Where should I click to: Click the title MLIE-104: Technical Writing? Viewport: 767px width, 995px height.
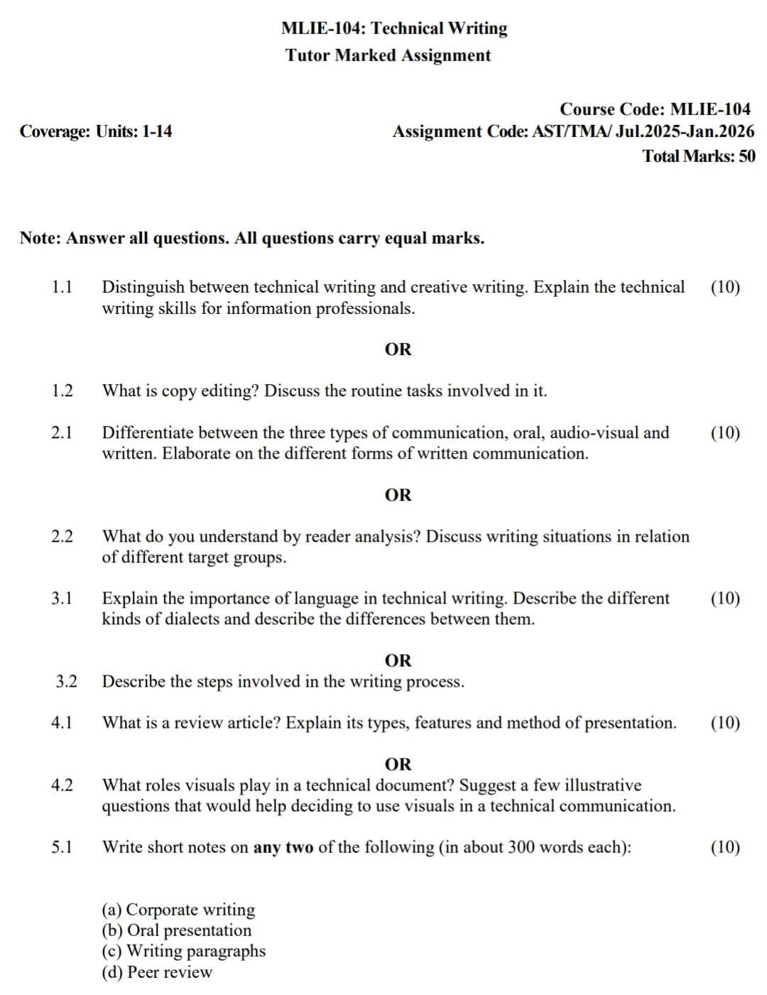tap(394, 28)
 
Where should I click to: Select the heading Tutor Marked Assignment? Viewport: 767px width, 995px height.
tap(388, 55)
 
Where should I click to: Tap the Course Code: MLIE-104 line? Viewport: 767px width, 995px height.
tap(655, 109)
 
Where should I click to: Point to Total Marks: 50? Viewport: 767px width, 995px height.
tap(699, 156)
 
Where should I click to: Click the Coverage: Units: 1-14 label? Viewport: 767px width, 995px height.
tap(96, 131)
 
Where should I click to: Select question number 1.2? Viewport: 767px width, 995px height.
tap(62, 391)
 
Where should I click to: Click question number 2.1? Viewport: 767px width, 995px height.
tap(62, 433)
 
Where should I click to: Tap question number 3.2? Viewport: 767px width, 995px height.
tap(66, 682)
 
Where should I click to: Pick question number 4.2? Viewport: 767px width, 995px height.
tap(62, 785)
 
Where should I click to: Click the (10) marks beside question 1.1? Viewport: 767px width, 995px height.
tap(725, 288)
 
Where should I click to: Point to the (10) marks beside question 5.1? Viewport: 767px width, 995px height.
tap(725, 847)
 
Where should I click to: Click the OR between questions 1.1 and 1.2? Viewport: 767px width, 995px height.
tap(398, 349)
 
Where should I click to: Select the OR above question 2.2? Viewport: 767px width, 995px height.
tap(398, 495)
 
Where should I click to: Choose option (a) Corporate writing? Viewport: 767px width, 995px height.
tap(178, 910)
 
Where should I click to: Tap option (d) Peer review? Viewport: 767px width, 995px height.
tap(157, 972)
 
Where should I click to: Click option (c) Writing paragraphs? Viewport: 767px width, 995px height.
tap(184, 951)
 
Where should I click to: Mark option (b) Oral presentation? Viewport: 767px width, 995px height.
tap(177, 930)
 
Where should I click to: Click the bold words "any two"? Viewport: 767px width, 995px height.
tap(283, 847)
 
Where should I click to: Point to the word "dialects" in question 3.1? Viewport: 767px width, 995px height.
tap(192, 619)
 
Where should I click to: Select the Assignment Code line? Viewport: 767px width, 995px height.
tap(573, 131)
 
